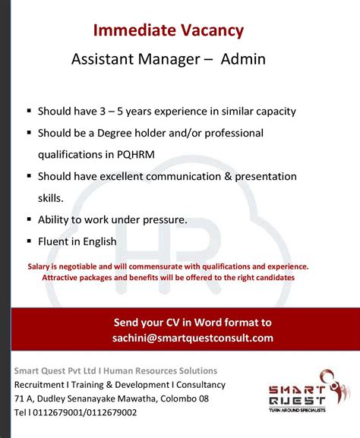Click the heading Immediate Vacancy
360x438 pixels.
[x=168, y=30]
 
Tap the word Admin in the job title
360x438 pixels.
[x=243, y=59]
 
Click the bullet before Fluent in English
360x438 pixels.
[x=29, y=242]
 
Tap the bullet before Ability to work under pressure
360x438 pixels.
[x=29, y=220]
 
